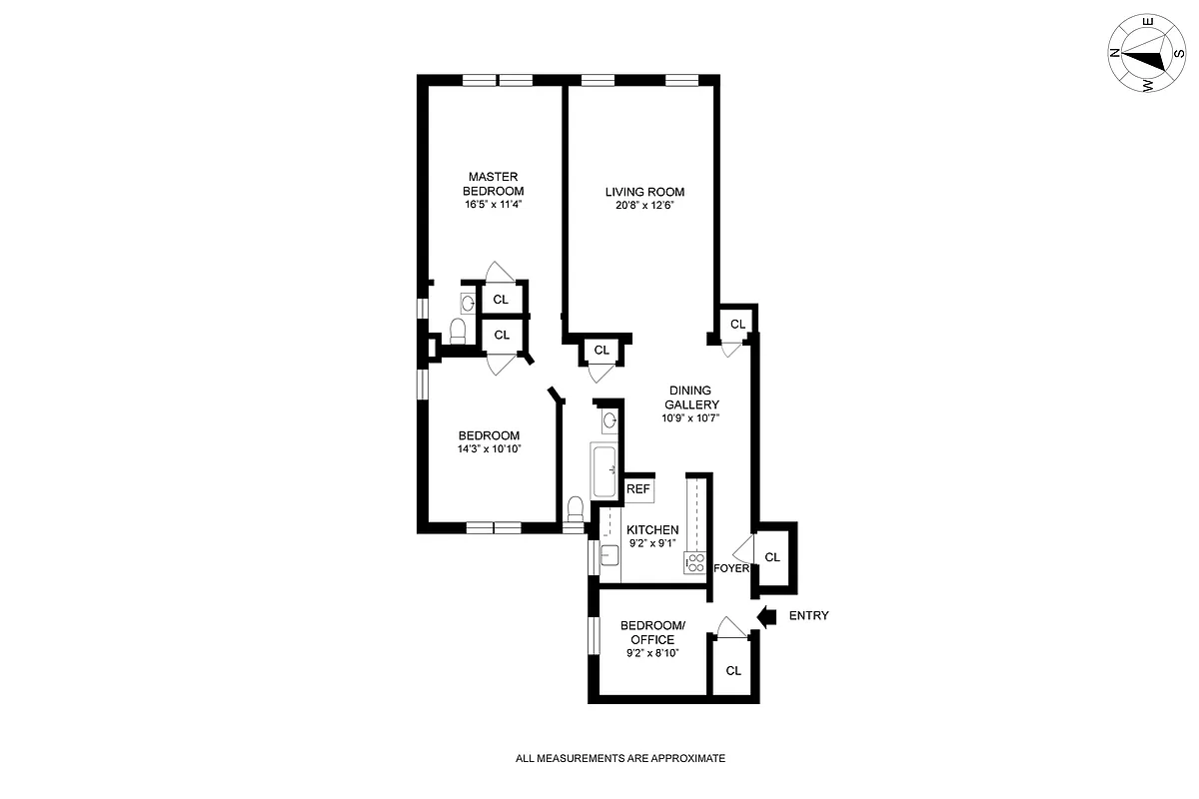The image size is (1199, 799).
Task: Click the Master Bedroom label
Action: point(493,184)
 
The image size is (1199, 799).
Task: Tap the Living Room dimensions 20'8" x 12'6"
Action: point(644,207)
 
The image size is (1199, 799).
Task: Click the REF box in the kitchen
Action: point(637,490)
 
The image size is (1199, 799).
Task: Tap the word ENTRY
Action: point(808,616)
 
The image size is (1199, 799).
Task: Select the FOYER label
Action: point(731,568)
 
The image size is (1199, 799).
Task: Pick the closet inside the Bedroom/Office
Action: point(733,670)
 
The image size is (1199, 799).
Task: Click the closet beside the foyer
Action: point(772,557)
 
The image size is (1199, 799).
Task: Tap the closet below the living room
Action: point(601,351)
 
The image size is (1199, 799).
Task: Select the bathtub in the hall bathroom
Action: point(605,471)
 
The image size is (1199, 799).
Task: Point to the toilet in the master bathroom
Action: point(458,331)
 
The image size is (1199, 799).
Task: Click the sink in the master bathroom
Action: point(468,301)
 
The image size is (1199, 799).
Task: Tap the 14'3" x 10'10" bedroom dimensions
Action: point(489,449)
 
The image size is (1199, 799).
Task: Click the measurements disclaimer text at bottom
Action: point(619,759)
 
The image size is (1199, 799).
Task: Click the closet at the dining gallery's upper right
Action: point(737,324)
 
